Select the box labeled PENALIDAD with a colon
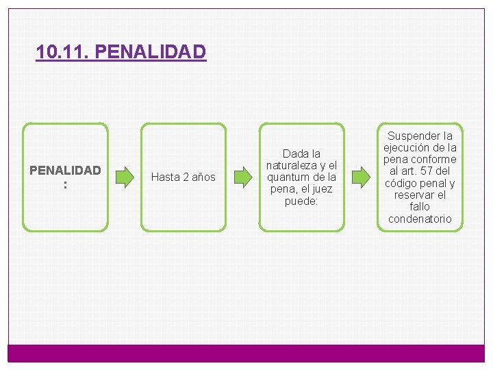65,177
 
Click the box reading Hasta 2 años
183,177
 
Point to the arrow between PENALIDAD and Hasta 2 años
125,177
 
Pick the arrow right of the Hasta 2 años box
242,177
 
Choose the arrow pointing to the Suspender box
360,177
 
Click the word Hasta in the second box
165,177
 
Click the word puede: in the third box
301,201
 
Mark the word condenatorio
420,219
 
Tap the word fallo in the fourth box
420,206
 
